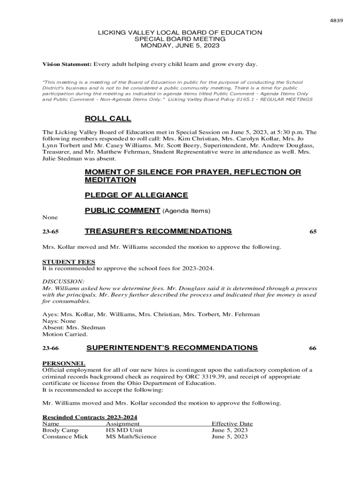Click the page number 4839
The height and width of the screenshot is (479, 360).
click(337, 21)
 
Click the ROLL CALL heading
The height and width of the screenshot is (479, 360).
click(108, 119)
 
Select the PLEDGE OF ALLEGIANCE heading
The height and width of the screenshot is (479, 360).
click(136, 195)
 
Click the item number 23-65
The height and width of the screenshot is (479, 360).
click(50, 232)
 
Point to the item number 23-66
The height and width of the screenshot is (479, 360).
click(50, 348)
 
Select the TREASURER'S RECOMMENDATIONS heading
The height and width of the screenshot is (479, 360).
click(158, 231)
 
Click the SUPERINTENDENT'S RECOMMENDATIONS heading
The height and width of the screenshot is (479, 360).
click(172, 348)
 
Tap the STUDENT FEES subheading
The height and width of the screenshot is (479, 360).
click(69, 262)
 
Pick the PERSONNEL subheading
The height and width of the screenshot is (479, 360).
click(64, 363)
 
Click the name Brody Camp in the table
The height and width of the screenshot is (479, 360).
click(60, 430)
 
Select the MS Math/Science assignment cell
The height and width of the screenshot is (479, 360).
click(131, 436)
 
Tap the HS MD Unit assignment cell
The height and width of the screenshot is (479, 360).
click(124, 430)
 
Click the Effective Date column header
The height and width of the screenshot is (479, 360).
click(232, 423)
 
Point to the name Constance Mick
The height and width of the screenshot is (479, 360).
click(65, 436)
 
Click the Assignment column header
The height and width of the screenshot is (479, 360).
click(122, 423)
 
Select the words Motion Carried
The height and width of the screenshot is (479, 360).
click(65, 334)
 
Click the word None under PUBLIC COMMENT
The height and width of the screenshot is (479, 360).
click(50, 218)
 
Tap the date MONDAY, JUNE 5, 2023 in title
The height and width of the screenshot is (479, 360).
click(180, 46)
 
